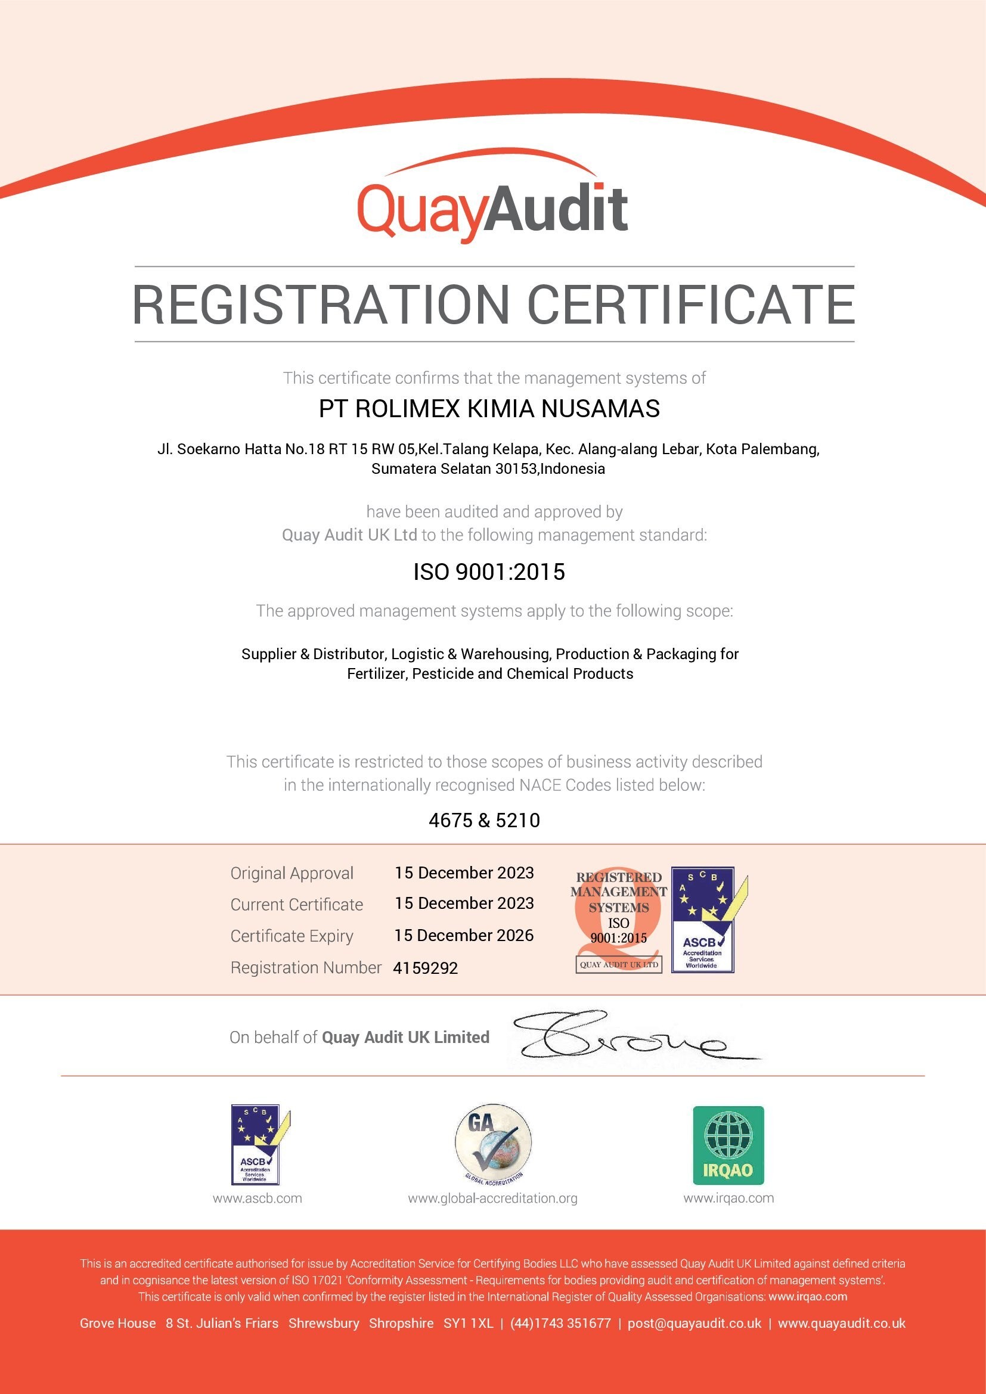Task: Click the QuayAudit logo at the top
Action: (492, 203)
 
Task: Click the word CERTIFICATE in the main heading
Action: (690, 305)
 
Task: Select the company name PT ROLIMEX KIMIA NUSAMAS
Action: (489, 409)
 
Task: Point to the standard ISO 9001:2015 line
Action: (489, 572)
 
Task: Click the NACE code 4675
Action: (451, 820)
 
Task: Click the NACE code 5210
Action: (518, 820)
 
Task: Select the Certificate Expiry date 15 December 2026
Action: (464, 935)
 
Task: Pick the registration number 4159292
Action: (425, 968)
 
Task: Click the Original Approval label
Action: (292, 873)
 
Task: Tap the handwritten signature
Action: (625, 1037)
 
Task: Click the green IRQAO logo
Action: (728, 1145)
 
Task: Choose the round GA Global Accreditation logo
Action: (493, 1145)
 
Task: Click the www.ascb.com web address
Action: (258, 1198)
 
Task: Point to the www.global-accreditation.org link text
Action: (492, 1198)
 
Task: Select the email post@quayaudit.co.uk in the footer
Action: (694, 1323)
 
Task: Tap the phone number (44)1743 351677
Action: (560, 1323)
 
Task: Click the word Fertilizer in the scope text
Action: (376, 673)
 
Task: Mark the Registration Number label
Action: (305, 967)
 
